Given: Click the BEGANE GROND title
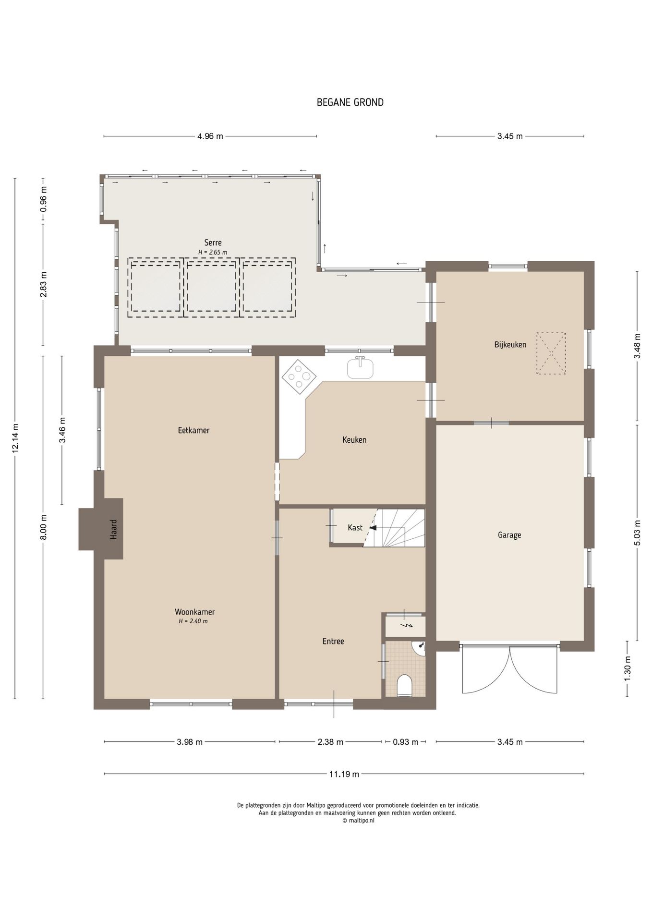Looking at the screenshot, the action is coord(350,102).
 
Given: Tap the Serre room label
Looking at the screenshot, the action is coord(213,243).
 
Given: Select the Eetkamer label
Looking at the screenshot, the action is coord(193,430).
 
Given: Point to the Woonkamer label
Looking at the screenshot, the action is coord(194,612).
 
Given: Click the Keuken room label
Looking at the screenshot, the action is coord(354,440).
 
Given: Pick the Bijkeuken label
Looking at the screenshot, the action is coord(510,345).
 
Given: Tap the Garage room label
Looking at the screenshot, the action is coord(509,535).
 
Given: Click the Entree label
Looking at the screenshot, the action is coord(333,641).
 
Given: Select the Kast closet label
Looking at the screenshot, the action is coord(355,528).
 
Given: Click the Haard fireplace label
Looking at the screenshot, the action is coord(114,529).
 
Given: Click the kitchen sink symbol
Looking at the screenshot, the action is coord(361,368).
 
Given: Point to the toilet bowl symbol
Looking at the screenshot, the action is coord(405,686).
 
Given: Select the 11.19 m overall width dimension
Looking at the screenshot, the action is coord(344,774).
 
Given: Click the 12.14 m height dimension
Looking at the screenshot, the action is coord(15,438).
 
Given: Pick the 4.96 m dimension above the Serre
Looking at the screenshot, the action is coord(210,136).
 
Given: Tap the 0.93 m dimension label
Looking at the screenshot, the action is coord(406,742).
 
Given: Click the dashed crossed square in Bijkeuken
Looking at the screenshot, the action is coord(551,354).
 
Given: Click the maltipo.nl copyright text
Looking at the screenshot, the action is coord(358,821).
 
